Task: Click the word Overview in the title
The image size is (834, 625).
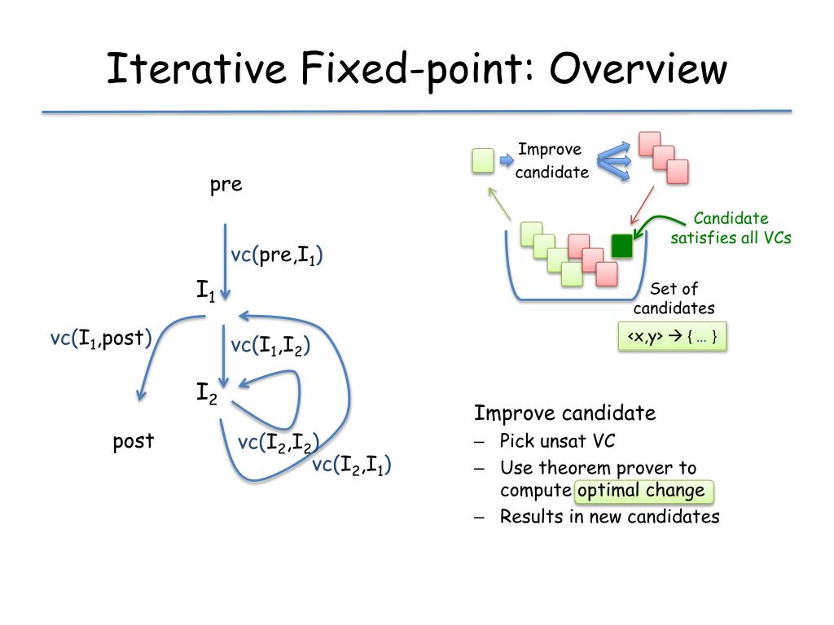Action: pyautogui.click(x=637, y=68)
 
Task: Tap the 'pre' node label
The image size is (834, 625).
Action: pyautogui.click(x=226, y=185)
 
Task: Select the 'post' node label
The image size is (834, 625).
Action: pyautogui.click(x=134, y=441)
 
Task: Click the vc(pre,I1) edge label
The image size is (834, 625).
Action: pyautogui.click(x=277, y=256)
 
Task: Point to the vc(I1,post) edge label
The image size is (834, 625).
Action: pyautogui.click(x=101, y=338)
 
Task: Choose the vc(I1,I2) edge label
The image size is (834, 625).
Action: pyautogui.click(x=270, y=345)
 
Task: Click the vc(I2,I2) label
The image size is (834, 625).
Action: pyautogui.click(x=278, y=443)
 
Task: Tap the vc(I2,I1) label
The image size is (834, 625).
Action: pyautogui.click(x=352, y=465)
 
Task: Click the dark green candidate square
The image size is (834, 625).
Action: pyautogui.click(x=621, y=245)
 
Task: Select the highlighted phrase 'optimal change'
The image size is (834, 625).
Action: pyautogui.click(x=641, y=491)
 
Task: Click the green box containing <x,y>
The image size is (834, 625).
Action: pyautogui.click(x=672, y=337)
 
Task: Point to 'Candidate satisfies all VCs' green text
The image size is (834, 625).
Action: pyautogui.click(x=731, y=228)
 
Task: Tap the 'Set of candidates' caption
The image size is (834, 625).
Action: pyautogui.click(x=674, y=298)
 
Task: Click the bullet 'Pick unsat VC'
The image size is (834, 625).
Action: pyautogui.click(x=557, y=441)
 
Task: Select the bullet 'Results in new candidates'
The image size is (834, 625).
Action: pyautogui.click(x=609, y=517)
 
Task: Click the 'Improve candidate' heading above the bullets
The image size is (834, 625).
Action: pyautogui.click(x=564, y=413)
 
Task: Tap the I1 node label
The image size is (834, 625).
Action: pyautogui.click(x=205, y=291)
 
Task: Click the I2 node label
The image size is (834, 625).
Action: pyautogui.click(x=205, y=393)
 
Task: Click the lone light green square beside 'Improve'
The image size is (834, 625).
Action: pyautogui.click(x=483, y=160)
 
